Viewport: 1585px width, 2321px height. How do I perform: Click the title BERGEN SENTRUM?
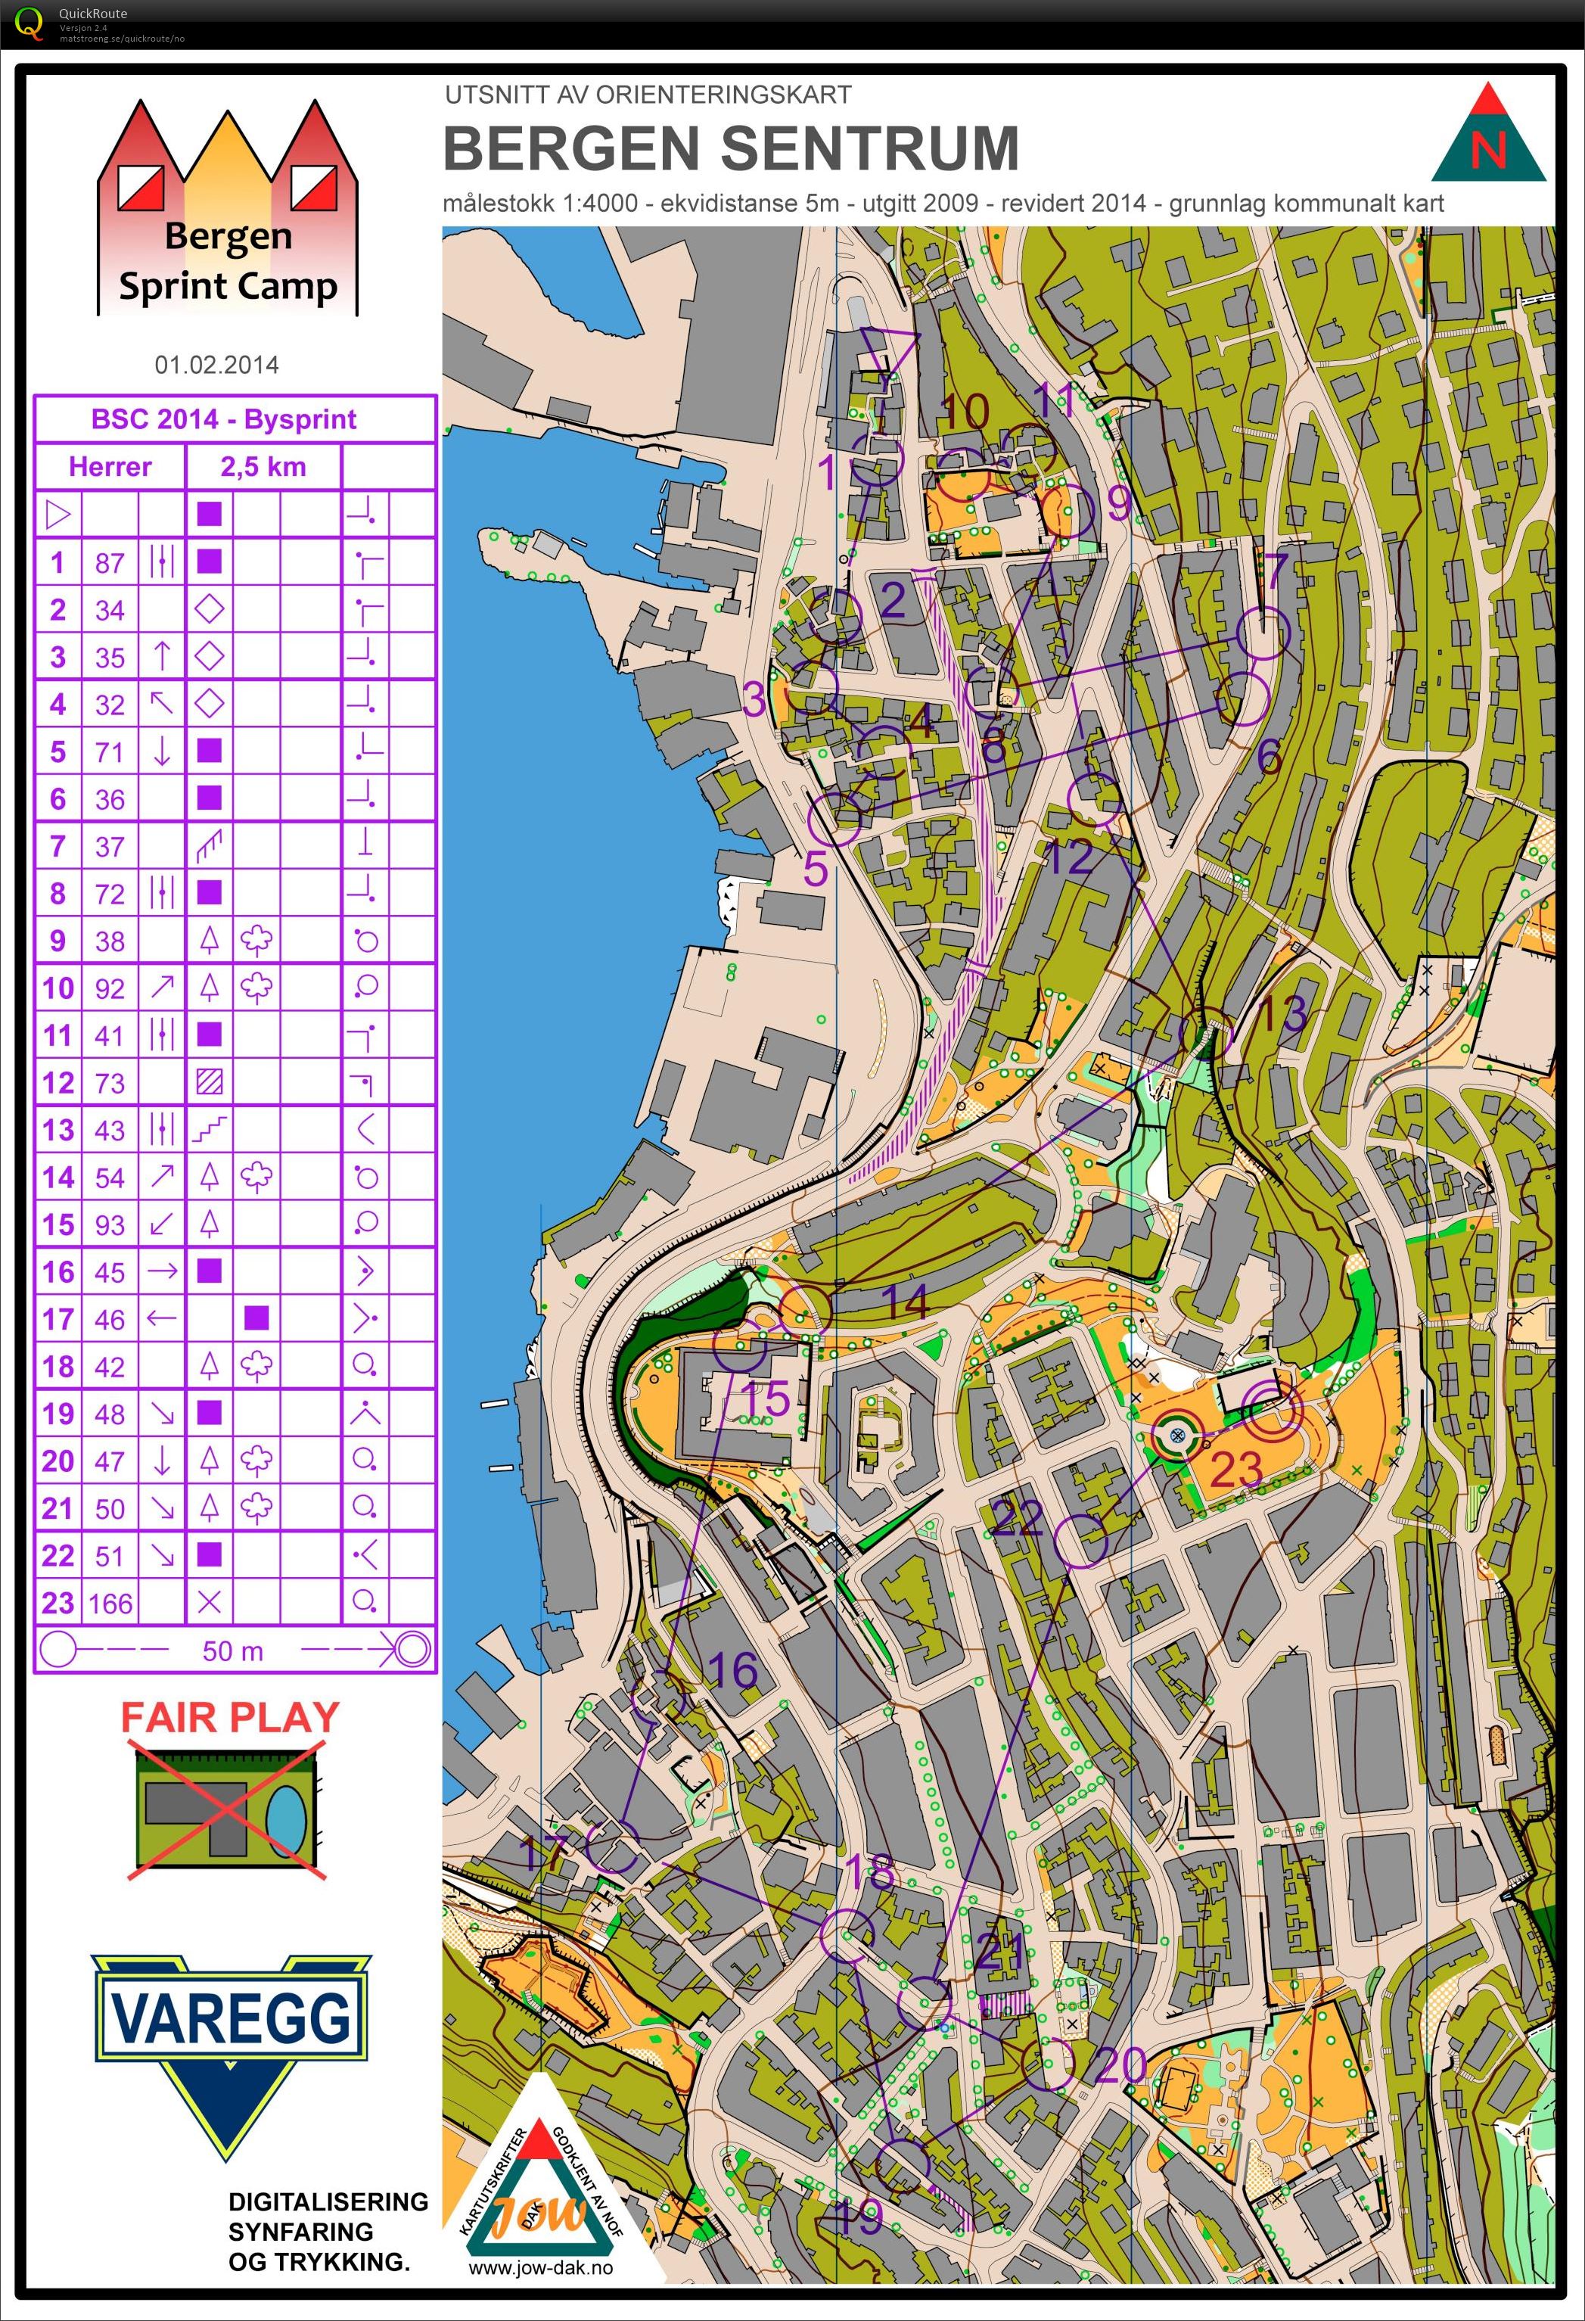730,149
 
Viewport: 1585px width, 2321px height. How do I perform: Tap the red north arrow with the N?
1488,135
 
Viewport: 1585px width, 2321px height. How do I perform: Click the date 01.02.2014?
216,365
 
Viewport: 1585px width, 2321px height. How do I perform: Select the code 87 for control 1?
110,563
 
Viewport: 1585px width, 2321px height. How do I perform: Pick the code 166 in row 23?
110,1604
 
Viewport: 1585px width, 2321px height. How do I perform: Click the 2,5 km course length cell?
263,466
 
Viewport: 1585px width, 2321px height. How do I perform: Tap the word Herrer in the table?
110,466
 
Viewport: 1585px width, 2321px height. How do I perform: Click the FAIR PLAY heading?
231,1718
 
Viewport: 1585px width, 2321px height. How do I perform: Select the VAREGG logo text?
231,2018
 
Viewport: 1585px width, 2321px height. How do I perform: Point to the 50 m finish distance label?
233,1651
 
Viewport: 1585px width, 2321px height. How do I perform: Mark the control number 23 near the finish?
1236,1468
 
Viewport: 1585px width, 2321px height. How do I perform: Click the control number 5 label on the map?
816,869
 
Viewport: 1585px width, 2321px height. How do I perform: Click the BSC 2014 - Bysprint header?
224,419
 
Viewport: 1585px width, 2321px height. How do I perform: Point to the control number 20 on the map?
1120,2065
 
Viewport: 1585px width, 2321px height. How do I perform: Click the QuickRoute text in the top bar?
93,13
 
